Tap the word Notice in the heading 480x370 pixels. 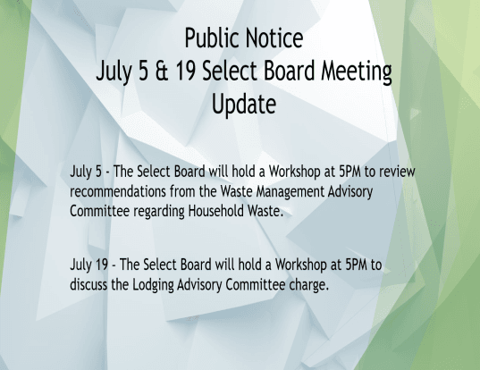pos(273,39)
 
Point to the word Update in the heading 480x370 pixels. pos(242,105)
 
